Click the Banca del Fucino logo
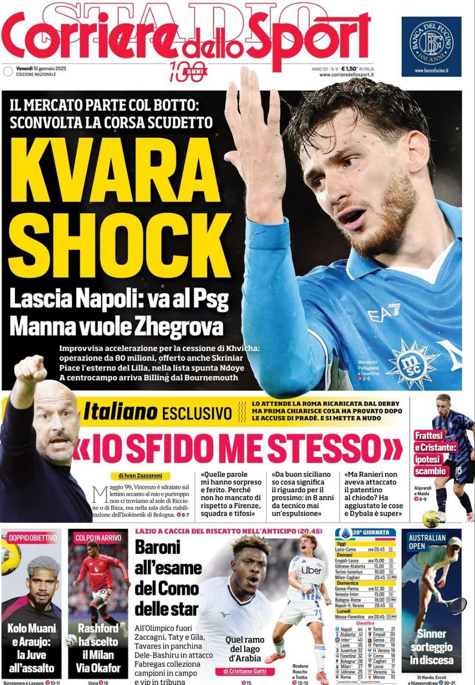click(431, 43)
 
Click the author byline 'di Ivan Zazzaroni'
click(140, 475)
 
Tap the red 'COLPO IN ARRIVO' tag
click(99, 538)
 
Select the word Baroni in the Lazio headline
click(159, 547)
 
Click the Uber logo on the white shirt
click(311, 570)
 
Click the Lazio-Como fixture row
click(365, 549)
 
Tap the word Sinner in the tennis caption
click(432, 635)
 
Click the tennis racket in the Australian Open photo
click(456, 605)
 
